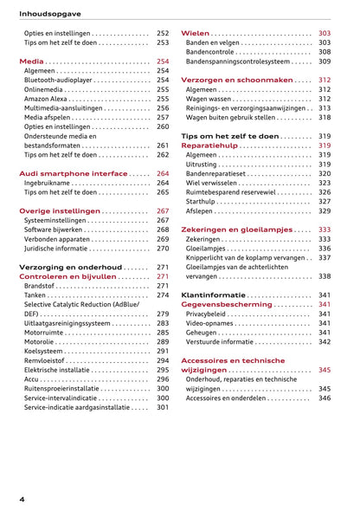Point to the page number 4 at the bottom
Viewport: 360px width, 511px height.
(22, 500)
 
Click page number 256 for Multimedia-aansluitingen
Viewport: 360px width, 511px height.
(163, 108)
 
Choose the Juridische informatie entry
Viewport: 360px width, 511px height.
(61, 249)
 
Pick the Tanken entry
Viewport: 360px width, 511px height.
(37, 295)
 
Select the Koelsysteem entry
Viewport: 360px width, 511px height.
(47, 352)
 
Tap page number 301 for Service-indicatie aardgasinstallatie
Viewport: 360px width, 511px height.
(163, 407)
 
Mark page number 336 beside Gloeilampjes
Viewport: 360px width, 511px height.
(325, 248)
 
